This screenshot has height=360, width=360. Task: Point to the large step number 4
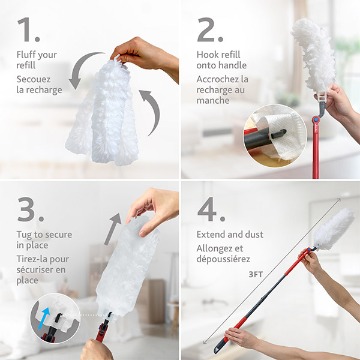click(210, 208)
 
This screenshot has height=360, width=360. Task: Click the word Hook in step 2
click(207, 55)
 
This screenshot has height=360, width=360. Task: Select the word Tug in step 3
click(25, 235)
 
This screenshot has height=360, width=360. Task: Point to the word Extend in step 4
click(211, 234)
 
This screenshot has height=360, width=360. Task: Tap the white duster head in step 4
click(333, 229)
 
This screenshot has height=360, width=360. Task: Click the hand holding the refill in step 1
click(147, 55)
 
